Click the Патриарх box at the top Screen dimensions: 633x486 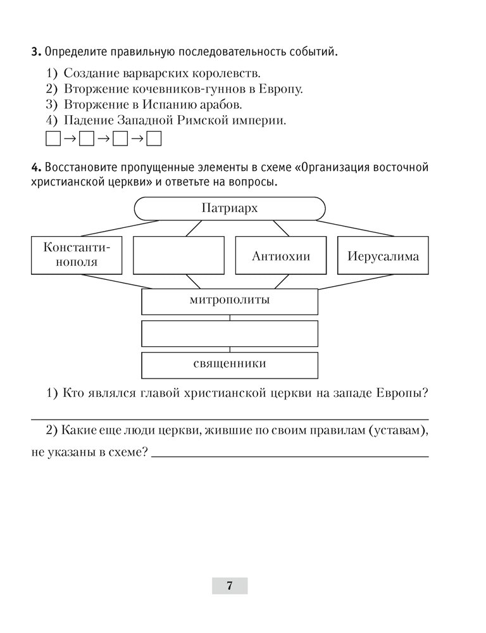point(230,209)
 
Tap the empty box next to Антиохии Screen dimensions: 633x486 point(178,255)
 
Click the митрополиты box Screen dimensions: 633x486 point(229,301)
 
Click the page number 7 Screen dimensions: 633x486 point(229,586)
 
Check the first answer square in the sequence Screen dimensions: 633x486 point(53,139)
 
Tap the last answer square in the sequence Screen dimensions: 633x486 point(154,139)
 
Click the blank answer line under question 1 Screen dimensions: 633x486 point(229,418)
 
